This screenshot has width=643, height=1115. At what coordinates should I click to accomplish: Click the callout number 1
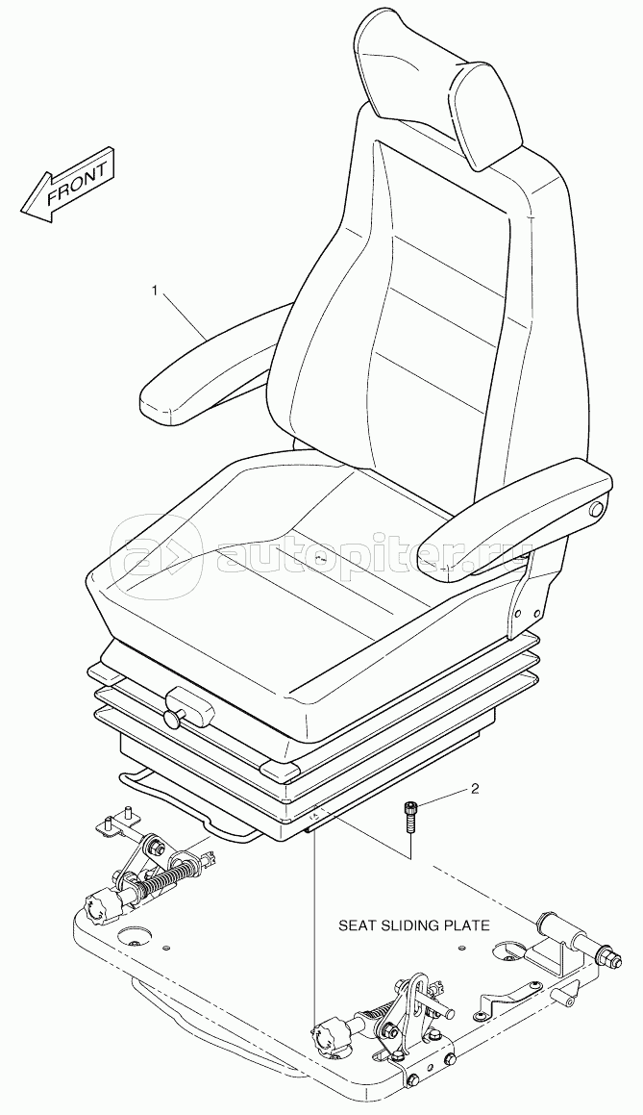[154, 290]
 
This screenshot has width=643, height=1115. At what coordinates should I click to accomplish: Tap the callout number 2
[474, 789]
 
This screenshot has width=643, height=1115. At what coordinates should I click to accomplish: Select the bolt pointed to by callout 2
[410, 818]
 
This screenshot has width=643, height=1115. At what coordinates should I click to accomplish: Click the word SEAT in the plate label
[353, 925]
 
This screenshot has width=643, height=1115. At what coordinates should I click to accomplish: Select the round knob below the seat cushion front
[173, 719]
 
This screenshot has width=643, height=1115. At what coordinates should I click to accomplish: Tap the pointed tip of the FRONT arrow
[21, 211]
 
